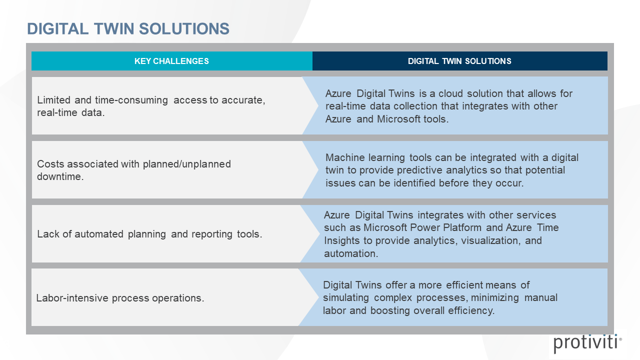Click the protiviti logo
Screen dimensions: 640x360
(x=587, y=343)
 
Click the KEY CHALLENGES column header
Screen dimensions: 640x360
(x=171, y=61)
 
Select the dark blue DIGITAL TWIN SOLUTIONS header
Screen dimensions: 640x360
(x=459, y=61)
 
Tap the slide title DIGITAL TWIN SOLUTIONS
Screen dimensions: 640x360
(x=128, y=29)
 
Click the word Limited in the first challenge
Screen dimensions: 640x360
(x=53, y=100)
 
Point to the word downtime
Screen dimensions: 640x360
(x=60, y=176)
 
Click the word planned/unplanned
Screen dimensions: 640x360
(x=187, y=164)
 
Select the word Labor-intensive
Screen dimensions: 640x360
(x=72, y=298)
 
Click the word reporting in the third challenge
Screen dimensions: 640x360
(x=212, y=234)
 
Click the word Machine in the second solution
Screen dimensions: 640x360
(x=345, y=157)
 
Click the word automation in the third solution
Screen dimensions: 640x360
(x=351, y=253)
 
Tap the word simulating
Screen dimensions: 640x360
(x=346, y=298)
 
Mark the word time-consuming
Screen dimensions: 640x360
(x=131, y=100)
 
